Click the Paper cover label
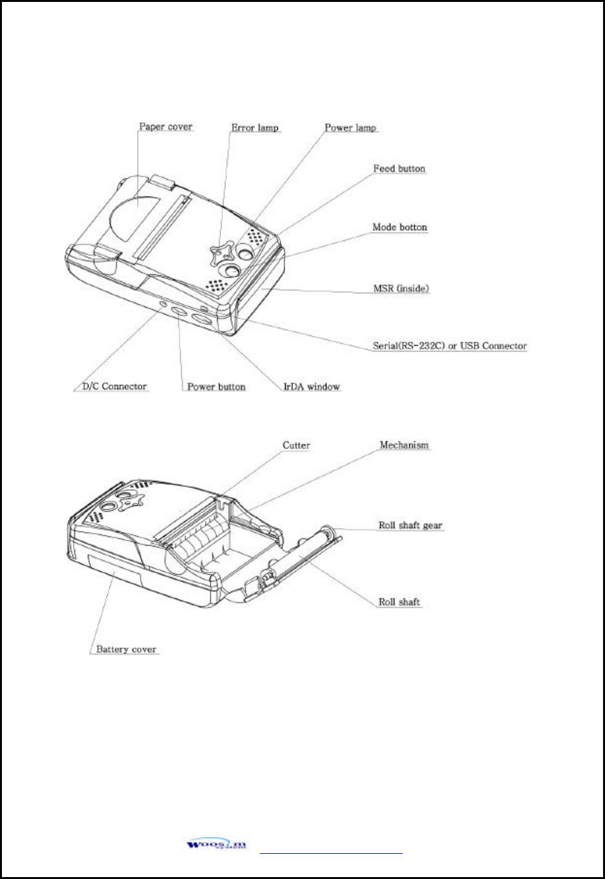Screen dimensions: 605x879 click(166, 127)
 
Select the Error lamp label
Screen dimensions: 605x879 click(255, 127)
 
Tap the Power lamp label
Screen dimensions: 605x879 click(350, 127)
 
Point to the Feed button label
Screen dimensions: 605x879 click(399, 169)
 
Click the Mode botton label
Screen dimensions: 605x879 click(399, 227)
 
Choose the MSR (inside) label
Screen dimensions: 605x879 click(401, 288)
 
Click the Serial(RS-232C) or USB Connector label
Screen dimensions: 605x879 click(449, 346)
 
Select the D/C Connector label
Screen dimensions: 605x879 click(114, 387)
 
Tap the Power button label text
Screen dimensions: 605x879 click(216, 387)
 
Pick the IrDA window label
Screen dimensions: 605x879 click(312, 387)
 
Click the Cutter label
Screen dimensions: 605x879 click(296, 445)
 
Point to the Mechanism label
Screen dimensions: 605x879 click(404, 445)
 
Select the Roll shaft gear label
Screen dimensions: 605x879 click(410, 525)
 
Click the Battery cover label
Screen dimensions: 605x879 click(126, 649)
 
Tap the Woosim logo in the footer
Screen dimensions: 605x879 click(217, 844)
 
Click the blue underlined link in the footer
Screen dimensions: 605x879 click(331, 853)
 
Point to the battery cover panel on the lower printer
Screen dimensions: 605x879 click(113, 568)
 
